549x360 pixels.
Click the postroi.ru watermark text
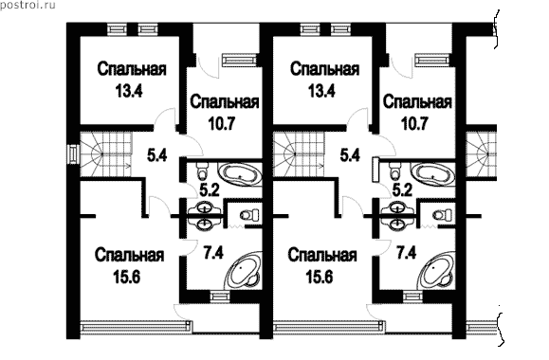click(27, 6)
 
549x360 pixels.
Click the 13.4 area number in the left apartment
click(129, 91)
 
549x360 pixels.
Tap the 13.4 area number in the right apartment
click(321, 91)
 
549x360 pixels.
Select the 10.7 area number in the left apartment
click(222, 123)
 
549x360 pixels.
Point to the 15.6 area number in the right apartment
click(320, 278)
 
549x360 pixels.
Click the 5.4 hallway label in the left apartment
click(156, 155)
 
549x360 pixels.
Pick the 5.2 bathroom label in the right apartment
click(402, 190)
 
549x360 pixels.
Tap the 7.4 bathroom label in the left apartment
click(213, 252)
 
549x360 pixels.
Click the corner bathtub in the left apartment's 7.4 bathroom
click(243, 270)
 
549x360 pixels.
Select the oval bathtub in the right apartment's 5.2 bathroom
click(432, 173)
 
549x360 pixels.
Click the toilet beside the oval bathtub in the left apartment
click(202, 171)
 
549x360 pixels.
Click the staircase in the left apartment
click(106, 153)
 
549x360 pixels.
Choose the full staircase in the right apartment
click(300, 153)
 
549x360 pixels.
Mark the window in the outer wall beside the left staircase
click(73, 153)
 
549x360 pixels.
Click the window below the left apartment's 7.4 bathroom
click(220, 297)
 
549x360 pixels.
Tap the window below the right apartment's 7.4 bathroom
click(413, 297)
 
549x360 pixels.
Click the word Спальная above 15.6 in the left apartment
click(129, 256)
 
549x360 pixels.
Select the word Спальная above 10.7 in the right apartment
click(417, 102)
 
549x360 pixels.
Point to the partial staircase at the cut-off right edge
click(481, 153)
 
